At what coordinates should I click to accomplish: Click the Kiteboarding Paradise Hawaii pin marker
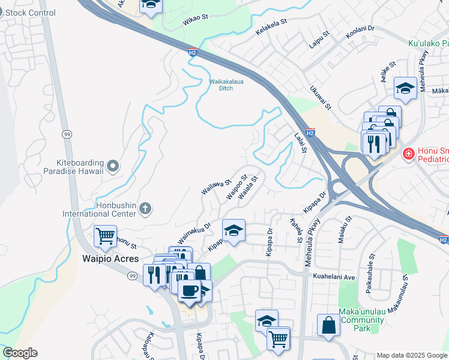click(x=112, y=165)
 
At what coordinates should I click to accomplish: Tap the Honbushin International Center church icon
click(x=145, y=209)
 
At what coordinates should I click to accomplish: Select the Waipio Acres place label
click(x=110, y=259)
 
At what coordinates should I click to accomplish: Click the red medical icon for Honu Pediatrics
click(x=408, y=154)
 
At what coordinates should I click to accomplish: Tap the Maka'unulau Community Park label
click(x=361, y=320)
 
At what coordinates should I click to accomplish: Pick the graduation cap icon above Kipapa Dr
click(x=234, y=229)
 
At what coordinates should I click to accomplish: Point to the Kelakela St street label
click(x=272, y=28)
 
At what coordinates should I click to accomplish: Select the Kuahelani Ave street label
click(x=334, y=277)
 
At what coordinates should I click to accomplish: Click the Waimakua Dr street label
click(x=195, y=233)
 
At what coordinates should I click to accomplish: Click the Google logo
click(x=20, y=353)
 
